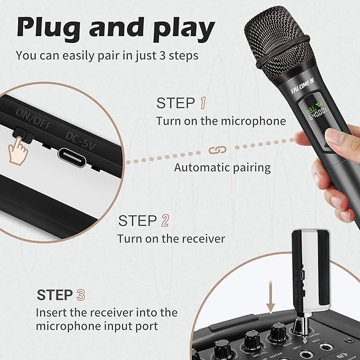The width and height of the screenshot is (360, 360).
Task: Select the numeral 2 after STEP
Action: [165, 221]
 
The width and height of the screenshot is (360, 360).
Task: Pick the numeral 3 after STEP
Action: [81, 295]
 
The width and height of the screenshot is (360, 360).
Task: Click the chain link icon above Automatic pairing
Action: [216, 151]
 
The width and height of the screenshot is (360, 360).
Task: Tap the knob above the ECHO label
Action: [276, 332]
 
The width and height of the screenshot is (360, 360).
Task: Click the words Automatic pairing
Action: [222, 168]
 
